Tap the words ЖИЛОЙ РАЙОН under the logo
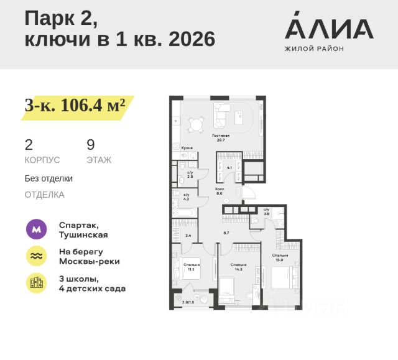tap(313, 48)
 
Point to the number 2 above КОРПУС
tap(29, 145)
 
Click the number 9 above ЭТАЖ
tap(91, 145)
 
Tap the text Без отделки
tap(49, 178)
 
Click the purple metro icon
tap(36, 229)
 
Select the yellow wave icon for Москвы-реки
tap(36, 256)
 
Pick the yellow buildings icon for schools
tap(36, 283)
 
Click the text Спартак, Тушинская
tap(83, 229)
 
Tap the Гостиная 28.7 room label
tap(221, 137)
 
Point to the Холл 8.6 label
tap(219, 190)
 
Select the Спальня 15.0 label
tap(280, 257)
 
